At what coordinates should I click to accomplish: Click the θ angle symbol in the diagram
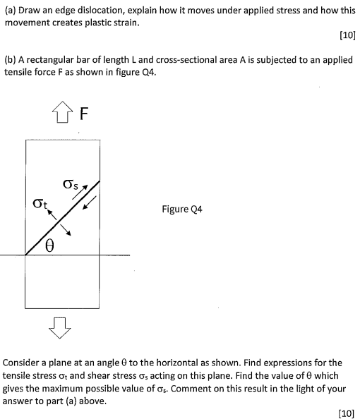click(x=51, y=245)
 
